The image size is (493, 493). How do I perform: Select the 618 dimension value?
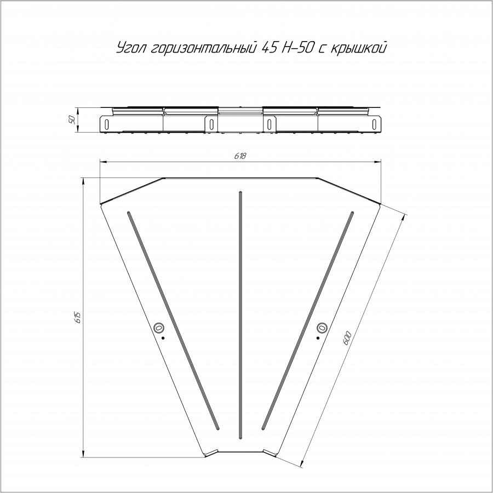click(240, 156)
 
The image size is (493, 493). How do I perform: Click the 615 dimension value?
click(78, 317)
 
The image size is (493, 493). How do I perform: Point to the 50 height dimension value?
click(72, 119)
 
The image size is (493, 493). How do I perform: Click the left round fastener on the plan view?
click(159, 328)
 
